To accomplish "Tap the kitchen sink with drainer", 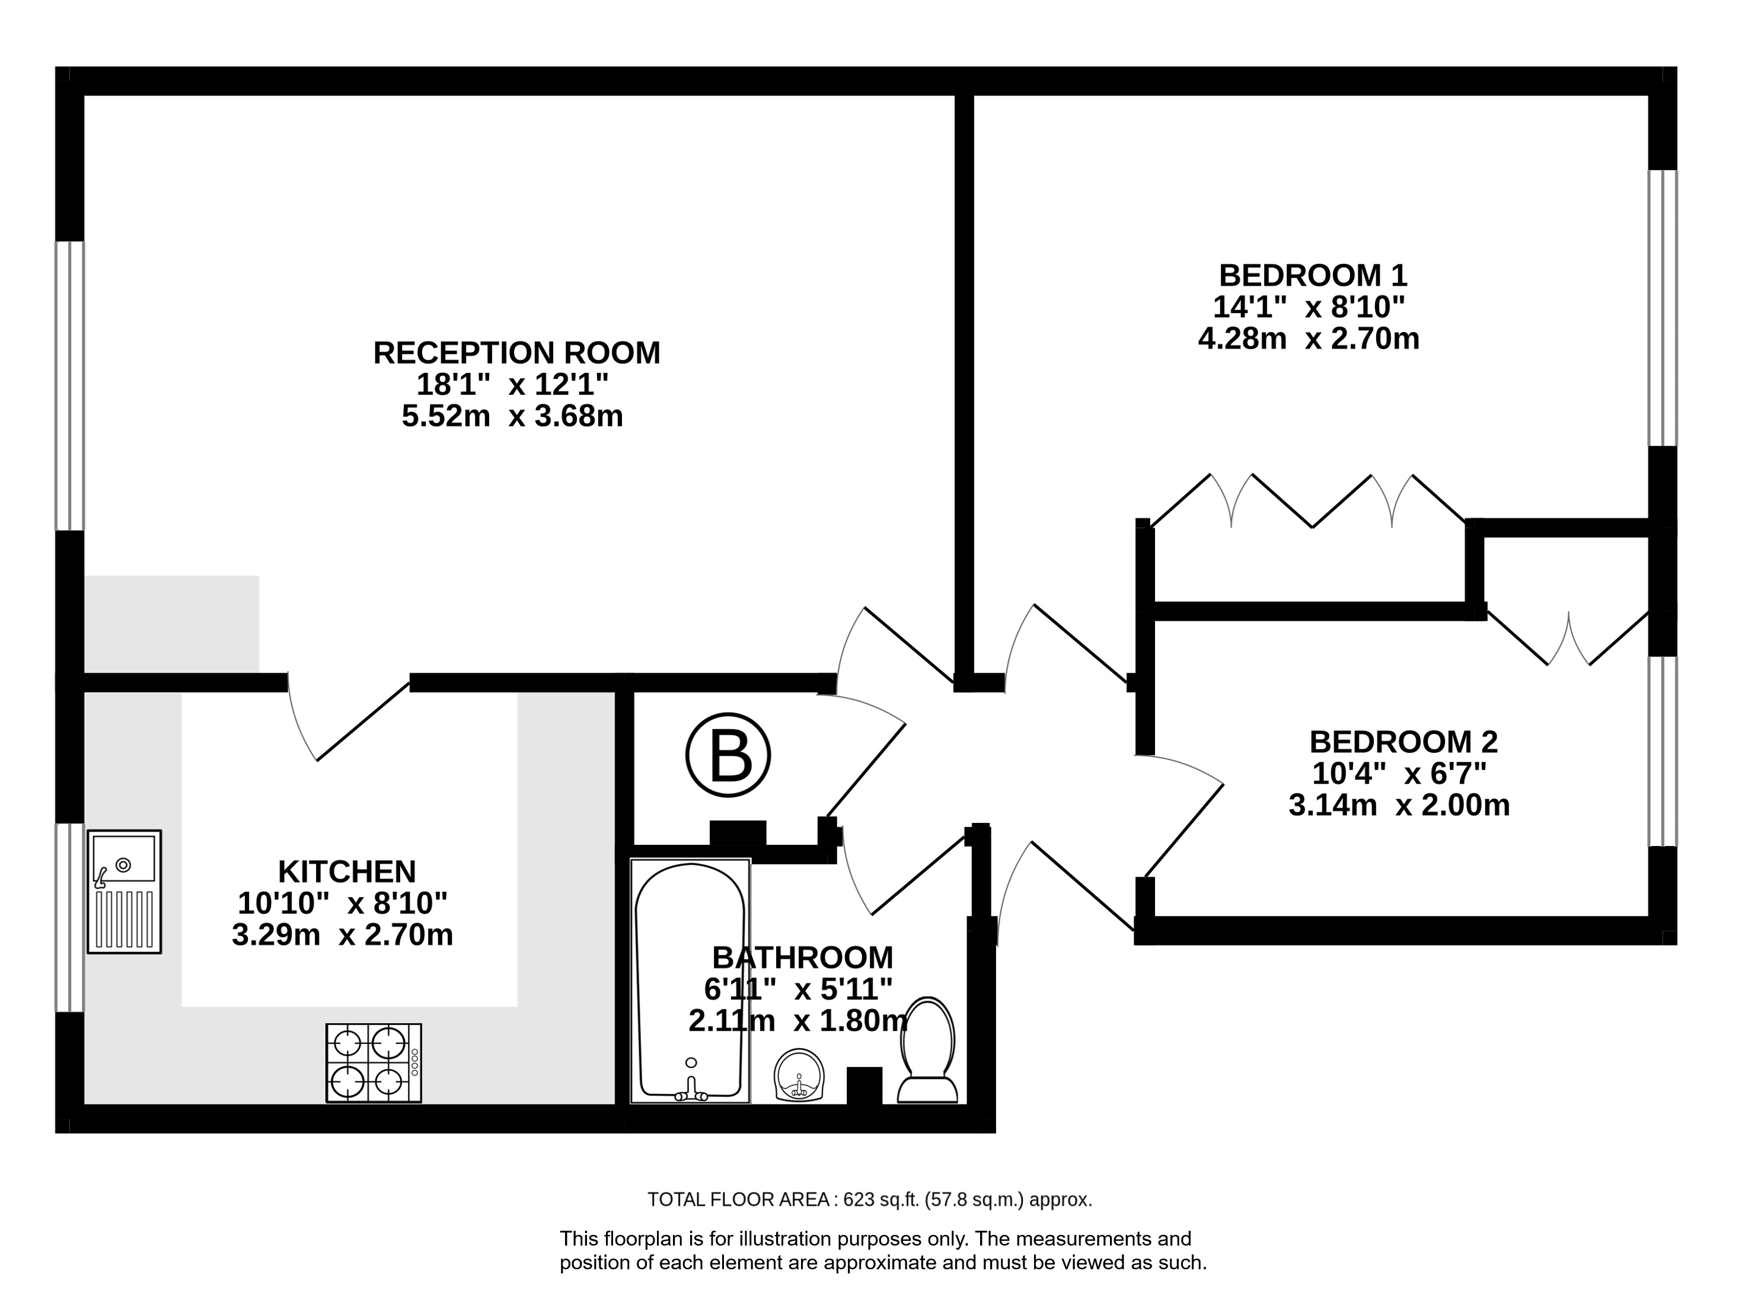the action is pos(124,892).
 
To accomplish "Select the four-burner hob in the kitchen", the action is pos(374,1062).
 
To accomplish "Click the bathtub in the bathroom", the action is pos(690,981).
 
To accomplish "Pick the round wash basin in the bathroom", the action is pos(799,1075).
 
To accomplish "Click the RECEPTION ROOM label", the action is pos(516,353).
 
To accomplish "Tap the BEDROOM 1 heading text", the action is pos(1313,276).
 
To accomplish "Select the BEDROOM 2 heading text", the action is pos(1403,742).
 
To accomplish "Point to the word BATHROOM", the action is pos(802,957).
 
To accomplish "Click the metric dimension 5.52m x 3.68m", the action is pos(513,416).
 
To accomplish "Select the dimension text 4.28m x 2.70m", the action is pos(1309,339).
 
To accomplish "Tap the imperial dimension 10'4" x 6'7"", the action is pos(1399,774).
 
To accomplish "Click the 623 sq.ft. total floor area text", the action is pos(869,1199).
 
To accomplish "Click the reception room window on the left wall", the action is pos(69,386).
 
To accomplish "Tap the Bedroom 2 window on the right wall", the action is pos(1663,751).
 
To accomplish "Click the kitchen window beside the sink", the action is pos(69,918).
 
